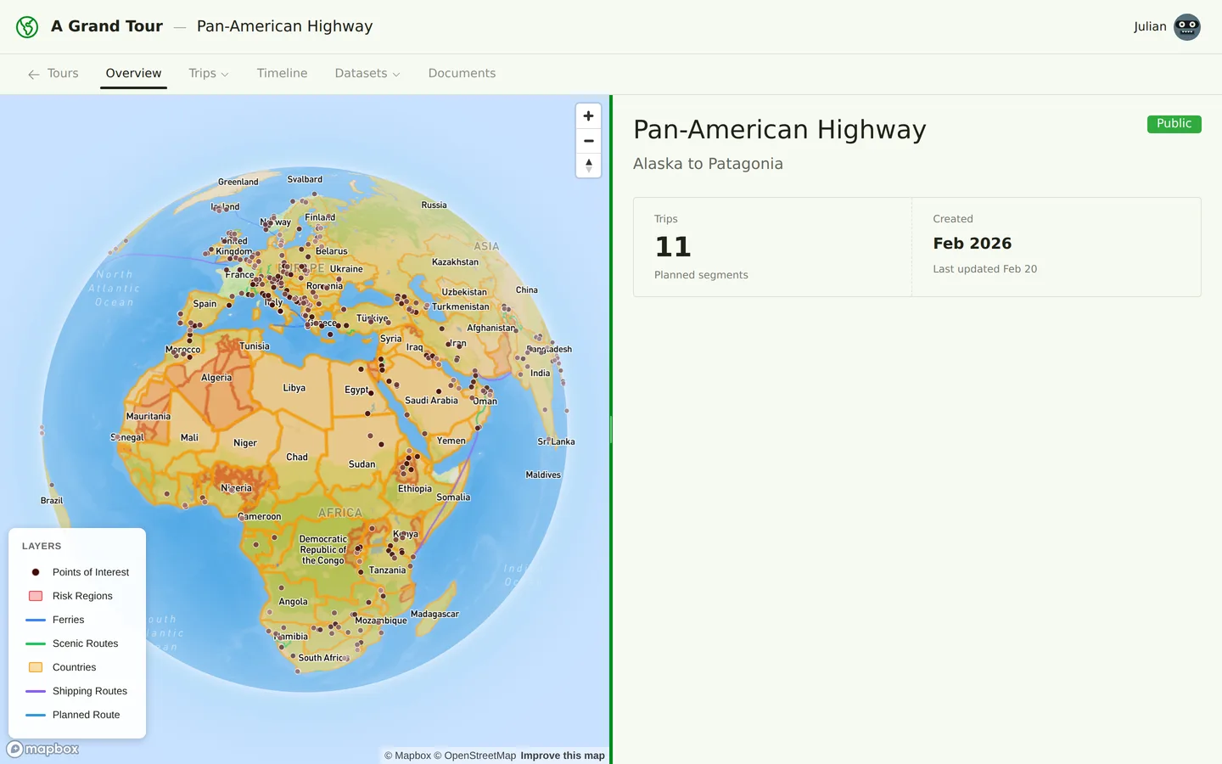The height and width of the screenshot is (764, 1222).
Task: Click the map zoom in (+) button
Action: point(588,116)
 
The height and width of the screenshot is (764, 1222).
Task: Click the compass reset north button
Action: point(588,166)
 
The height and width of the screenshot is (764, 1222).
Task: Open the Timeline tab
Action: point(282,73)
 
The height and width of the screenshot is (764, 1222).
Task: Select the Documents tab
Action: point(462,73)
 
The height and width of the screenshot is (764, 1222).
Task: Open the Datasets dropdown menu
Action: point(367,73)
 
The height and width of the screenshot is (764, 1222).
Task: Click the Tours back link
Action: point(53,73)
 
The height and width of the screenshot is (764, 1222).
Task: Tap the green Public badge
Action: point(1174,124)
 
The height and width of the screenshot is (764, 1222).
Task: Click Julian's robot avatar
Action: point(1186,27)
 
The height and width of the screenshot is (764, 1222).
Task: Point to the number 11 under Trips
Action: point(673,247)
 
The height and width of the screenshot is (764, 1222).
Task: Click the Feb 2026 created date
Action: point(972,244)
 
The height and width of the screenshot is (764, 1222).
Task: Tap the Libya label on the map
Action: point(294,388)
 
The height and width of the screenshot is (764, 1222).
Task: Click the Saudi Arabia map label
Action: point(431,401)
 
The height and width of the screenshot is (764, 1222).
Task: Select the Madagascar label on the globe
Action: point(434,614)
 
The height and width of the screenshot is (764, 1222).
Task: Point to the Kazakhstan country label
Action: point(455,262)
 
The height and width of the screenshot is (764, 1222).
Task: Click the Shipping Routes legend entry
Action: point(89,691)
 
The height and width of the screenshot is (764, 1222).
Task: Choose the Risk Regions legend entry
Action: point(82,596)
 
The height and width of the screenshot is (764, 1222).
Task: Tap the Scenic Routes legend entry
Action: point(85,643)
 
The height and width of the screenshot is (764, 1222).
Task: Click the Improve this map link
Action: point(562,756)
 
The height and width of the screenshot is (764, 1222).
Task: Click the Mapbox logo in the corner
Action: point(43,749)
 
